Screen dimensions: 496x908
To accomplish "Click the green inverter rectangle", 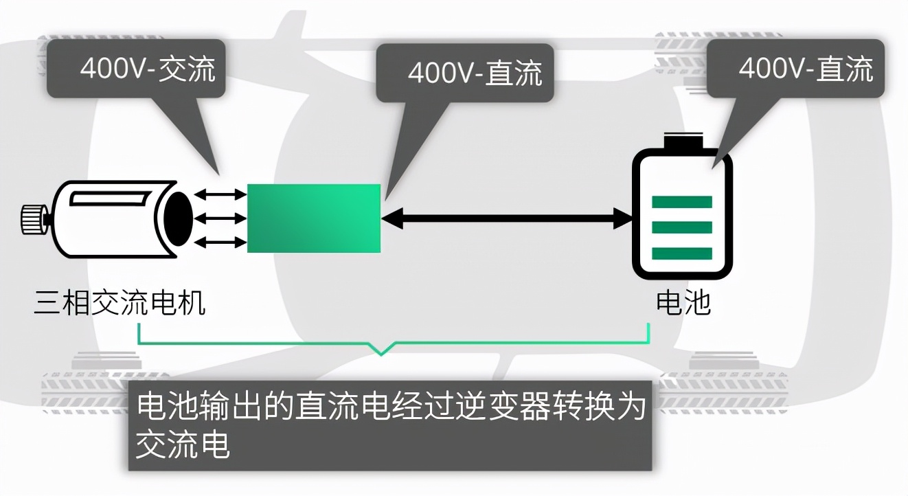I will click(313, 218).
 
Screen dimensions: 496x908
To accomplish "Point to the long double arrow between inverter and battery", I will click(507, 219).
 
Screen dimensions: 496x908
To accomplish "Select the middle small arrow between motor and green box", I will click(220, 219).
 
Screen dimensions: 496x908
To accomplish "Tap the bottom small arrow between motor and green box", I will click(220, 242).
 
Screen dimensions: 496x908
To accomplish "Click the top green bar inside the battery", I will click(681, 202).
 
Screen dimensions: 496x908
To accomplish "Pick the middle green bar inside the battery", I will click(681, 227).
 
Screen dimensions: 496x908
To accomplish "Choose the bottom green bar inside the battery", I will click(681, 253).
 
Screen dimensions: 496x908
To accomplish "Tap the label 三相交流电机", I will click(120, 302).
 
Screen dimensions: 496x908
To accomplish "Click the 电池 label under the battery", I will click(683, 302).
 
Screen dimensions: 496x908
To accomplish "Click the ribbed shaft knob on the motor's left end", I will click(32, 219).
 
